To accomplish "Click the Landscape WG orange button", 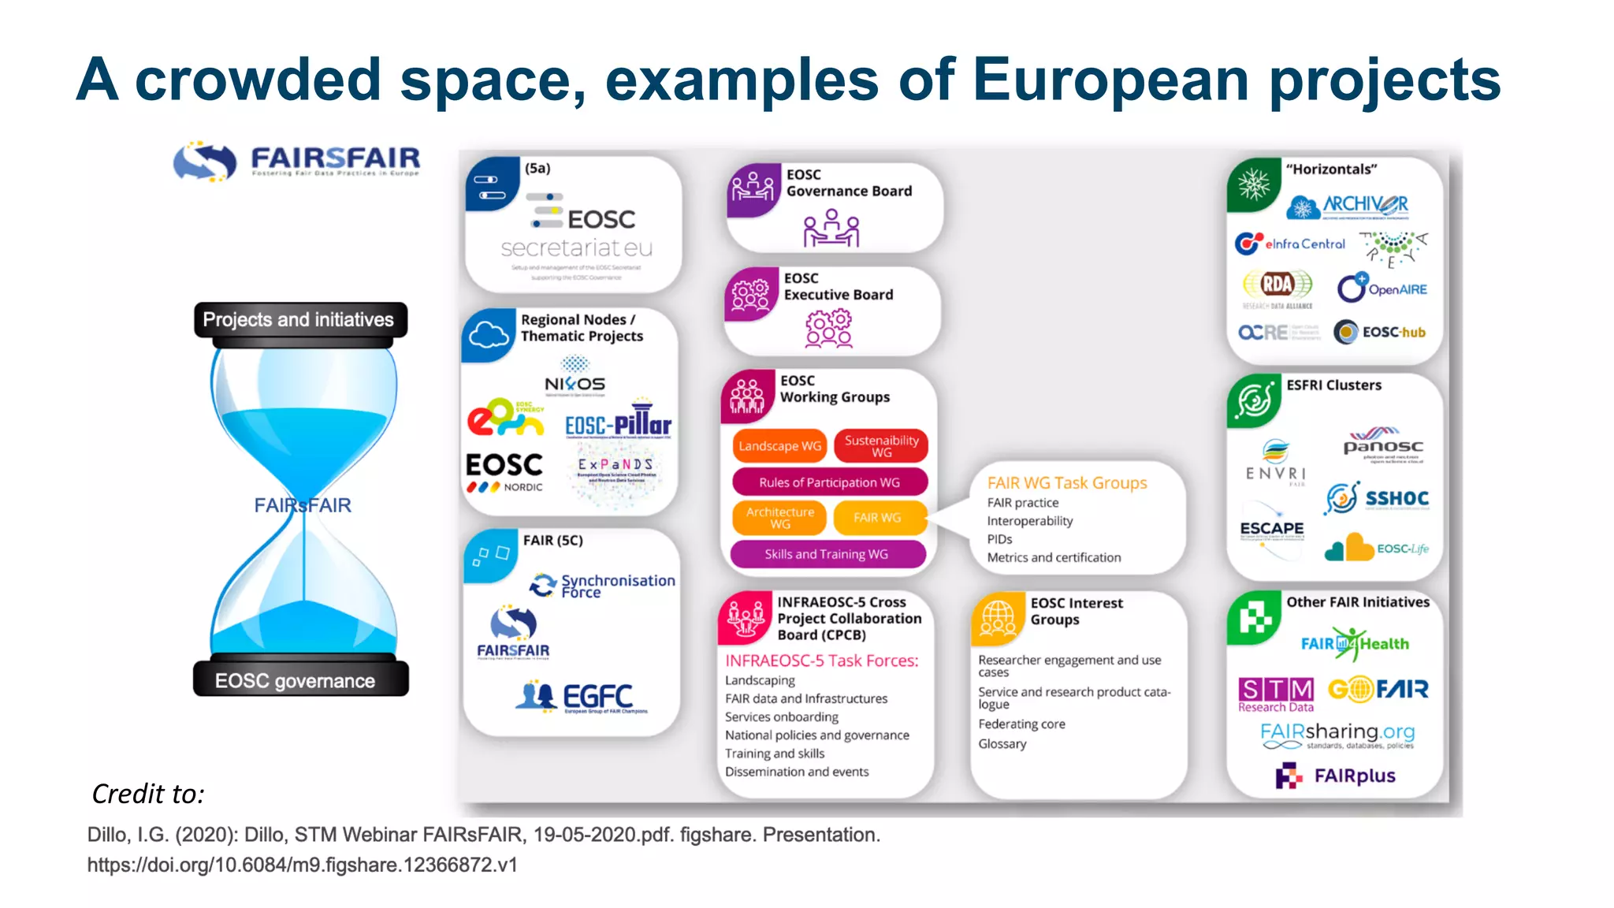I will pyautogui.click(x=779, y=446).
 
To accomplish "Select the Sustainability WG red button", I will pyautogui.click(x=881, y=446).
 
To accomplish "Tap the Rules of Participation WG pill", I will pyautogui.click(x=829, y=482).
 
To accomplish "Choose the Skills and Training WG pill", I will pyautogui.click(x=827, y=554).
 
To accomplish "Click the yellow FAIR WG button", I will pyautogui.click(x=877, y=518).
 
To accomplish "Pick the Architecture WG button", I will pyautogui.click(x=779, y=518).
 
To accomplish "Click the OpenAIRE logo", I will pyautogui.click(x=1382, y=288).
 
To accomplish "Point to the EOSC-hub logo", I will pyautogui.click(x=1380, y=332).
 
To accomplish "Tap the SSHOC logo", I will pyautogui.click(x=1377, y=498).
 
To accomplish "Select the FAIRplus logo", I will pyautogui.click(x=1336, y=776).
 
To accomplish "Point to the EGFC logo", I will pyautogui.click(x=580, y=697).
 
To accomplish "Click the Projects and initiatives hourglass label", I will pyautogui.click(x=299, y=319).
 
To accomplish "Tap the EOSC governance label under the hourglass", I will pyautogui.click(x=296, y=680).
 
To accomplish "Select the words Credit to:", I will pyautogui.click(x=148, y=794).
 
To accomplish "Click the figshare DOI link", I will pyautogui.click(x=302, y=865).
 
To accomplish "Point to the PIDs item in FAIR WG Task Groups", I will pyautogui.click(x=999, y=539).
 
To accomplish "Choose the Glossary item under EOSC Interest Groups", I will pyautogui.click(x=1002, y=743).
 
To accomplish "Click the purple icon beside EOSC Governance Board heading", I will pyautogui.click(x=752, y=189).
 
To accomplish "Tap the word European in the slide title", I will pyautogui.click(x=1111, y=80).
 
